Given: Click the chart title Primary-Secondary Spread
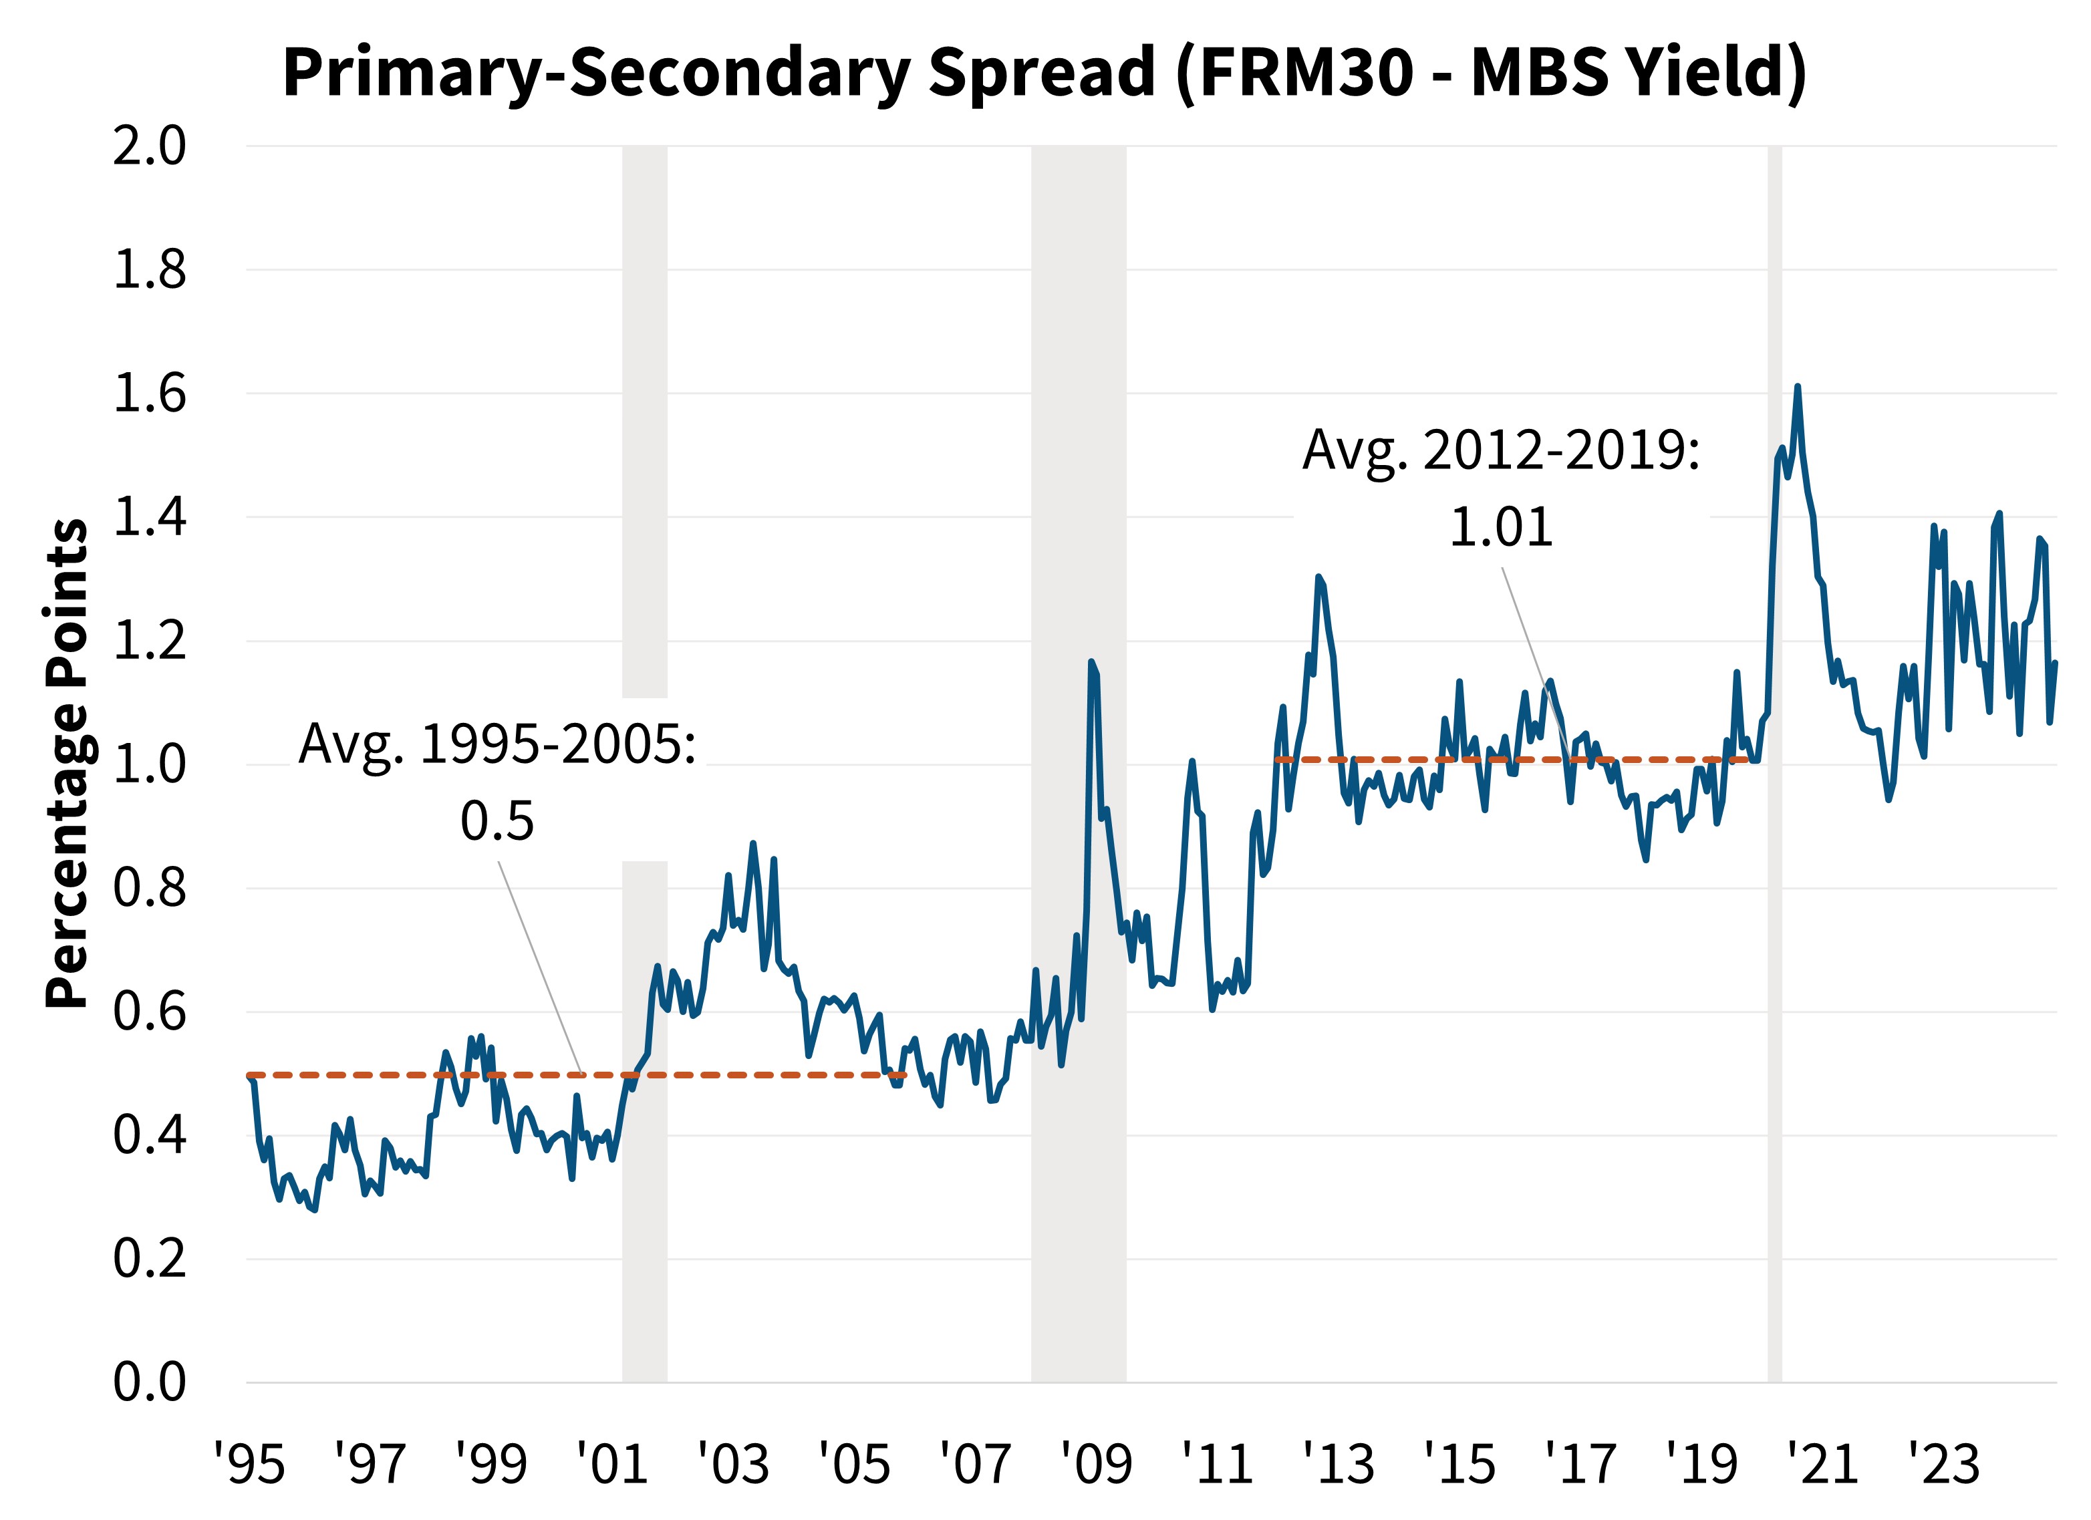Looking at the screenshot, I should (1044, 72).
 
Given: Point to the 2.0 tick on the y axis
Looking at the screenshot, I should (150, 146).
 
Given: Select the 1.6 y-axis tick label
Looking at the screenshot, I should (150, 394).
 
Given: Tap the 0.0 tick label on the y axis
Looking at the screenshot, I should (150, 1382).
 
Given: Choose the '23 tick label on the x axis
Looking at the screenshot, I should (1943, 1466).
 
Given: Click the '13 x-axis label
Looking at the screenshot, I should (1339, 1466).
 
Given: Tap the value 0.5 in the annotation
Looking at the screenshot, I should (497, 820).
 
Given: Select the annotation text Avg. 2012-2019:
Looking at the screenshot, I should (1501, 452).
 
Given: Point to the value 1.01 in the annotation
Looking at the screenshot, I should (1501, 527).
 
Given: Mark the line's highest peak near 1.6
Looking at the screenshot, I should (1798, 387).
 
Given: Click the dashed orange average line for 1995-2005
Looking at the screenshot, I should (738, 1075).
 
